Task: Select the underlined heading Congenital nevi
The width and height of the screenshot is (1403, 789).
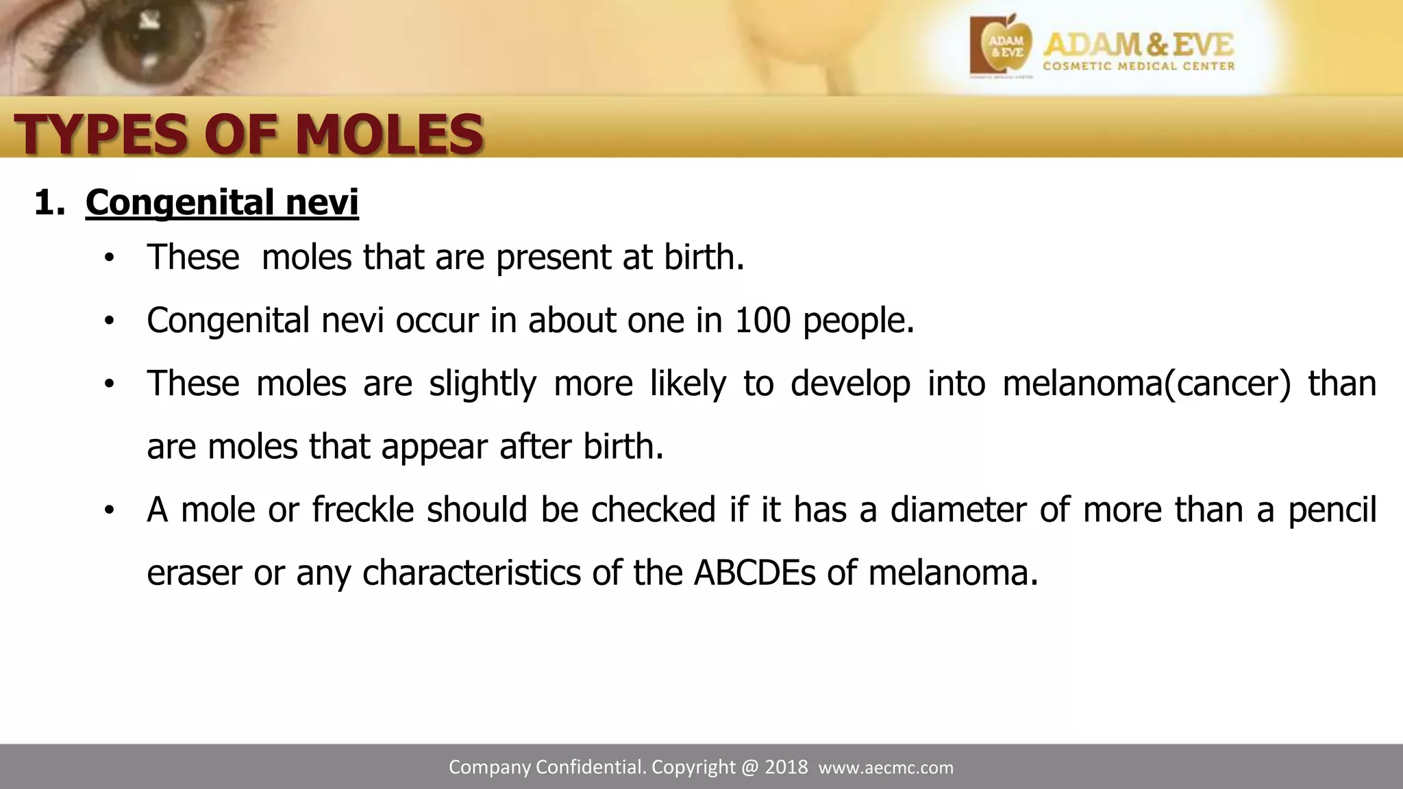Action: (222, 203)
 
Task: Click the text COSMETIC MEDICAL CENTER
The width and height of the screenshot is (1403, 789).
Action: (1139, 66)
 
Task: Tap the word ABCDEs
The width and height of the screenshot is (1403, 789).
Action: (754, 573)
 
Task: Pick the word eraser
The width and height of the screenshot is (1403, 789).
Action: (194, 573)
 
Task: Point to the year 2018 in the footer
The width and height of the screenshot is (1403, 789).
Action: (786, 767)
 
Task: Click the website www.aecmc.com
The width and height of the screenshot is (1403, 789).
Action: (886, 768)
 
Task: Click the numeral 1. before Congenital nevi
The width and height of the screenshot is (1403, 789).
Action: (49, 203)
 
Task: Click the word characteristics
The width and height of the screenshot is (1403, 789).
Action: (471, 573)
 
